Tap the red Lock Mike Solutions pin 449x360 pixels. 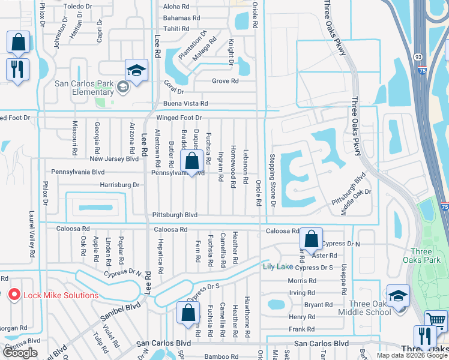(x=13, y=295)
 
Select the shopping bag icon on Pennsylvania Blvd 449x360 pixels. (x=191, y=161)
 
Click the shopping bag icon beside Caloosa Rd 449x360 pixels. (x=312, y=239)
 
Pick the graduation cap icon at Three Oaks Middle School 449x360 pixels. (x=398, y=296)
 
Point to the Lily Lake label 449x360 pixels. (x=276, y=266)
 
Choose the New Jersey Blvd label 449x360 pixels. (x=114, y=159)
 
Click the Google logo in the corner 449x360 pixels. (x=20, y=353)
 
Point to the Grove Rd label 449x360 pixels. (x=225, y=81)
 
